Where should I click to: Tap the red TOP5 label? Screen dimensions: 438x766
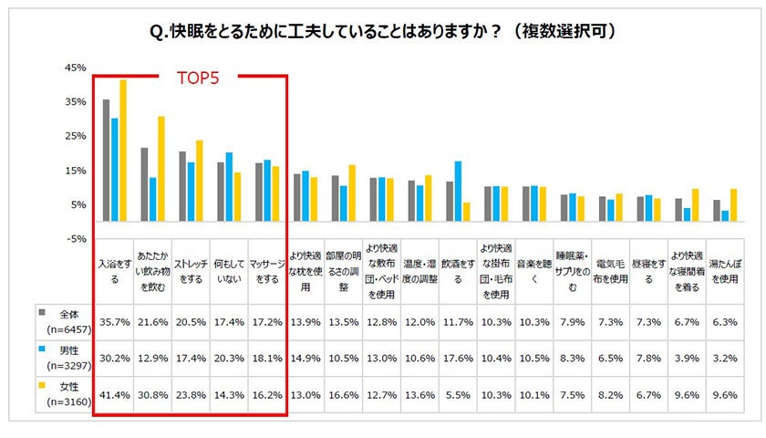pos(196,78)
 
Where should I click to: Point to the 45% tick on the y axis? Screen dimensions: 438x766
pos(75,68)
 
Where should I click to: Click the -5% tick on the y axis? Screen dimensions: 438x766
pos(75,238)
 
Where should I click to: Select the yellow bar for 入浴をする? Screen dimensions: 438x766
pos(123,150)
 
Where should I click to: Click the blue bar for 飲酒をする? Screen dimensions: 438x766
pos(458,192)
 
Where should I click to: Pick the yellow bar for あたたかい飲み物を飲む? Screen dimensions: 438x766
pos(161,168)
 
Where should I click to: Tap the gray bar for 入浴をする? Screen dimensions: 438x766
pos(106,160)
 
